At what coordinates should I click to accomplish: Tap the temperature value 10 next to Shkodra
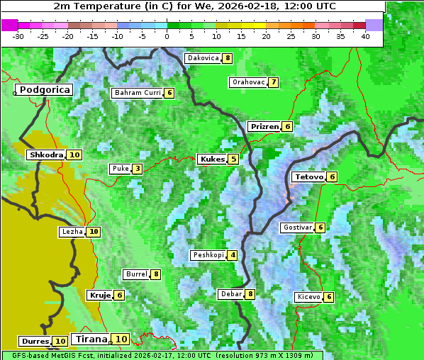(74, 154)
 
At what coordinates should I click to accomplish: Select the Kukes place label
(212, 159)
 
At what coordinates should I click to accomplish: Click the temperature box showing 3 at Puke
(137, 169)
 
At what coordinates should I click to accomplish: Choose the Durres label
(35, 342)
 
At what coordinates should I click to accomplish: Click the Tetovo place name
(308, 176)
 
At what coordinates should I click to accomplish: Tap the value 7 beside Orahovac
(273, 82)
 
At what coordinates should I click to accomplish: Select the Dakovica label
(203, 58)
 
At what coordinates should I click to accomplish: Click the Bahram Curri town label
(138, 93)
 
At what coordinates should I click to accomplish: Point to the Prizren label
(264, 127)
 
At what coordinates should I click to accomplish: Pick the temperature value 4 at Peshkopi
(233, 255)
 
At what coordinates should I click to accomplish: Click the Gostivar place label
(296, 227)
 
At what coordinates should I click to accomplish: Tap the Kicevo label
(309, 297)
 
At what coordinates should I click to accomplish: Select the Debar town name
(231, 294)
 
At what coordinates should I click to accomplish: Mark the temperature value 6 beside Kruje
(119, 295)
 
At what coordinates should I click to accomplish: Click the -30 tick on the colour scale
(19, 35)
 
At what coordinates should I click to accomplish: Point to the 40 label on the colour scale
(365, 35)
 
